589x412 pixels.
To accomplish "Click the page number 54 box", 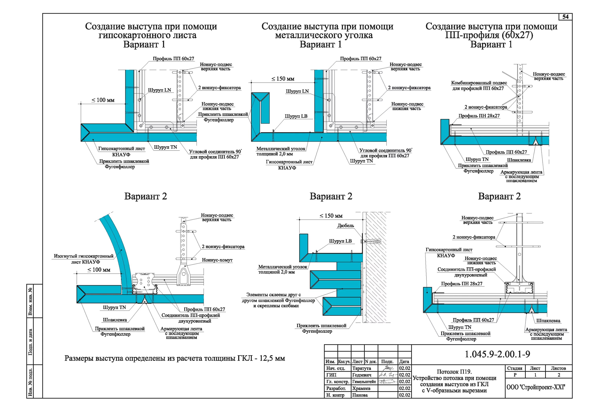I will click(565, 17).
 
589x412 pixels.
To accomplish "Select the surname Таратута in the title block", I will click(361, 368).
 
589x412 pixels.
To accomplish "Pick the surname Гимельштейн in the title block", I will click(364, 382).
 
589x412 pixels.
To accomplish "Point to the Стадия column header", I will click(515, 368).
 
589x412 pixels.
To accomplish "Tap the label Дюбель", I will click(346, 226).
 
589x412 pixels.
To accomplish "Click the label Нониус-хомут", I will click(217, 260).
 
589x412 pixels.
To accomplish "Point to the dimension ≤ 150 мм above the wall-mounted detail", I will click(331, 216).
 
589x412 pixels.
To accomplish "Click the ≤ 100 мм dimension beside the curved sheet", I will click(99, 270).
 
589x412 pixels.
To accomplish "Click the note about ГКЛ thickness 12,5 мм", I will click(175, 358).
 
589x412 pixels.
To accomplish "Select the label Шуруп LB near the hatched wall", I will click(340, 241).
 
